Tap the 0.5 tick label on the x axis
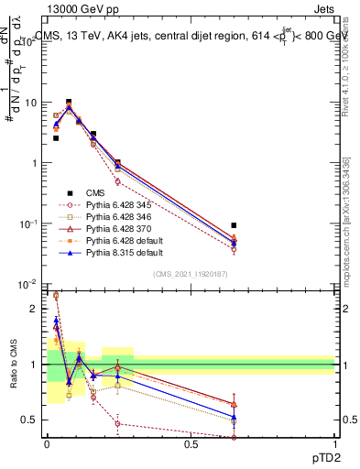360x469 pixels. (x=191, y=444)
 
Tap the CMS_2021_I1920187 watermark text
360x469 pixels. (x=191, y=273)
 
